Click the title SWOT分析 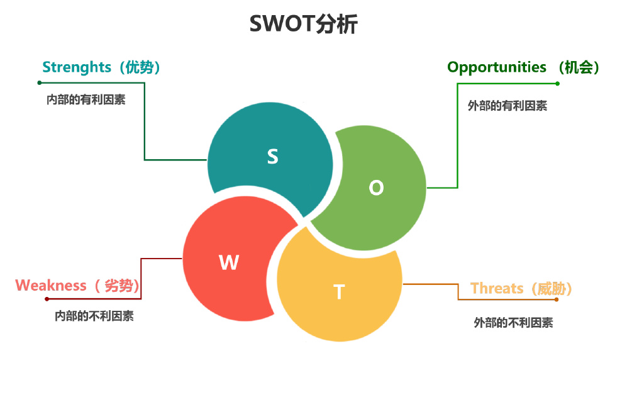tap(304, 24)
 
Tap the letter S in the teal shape tap(272, 156)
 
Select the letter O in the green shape tap(376, 187)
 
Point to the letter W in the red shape tap(229, 262)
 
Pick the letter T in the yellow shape tap(339, 292)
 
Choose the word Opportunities tap(497, 67)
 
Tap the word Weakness tap(51, 286)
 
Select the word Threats tap(497, 289)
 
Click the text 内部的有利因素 tap(86, 99)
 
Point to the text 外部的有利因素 tap(508, 106)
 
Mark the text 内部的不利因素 tap(94, 316)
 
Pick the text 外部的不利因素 tap(514, 323)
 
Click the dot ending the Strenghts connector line tap(39, 82)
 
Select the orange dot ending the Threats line tap(557, 299)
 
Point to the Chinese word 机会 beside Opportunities tap(579, 67)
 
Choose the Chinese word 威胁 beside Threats tap(552, 289)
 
